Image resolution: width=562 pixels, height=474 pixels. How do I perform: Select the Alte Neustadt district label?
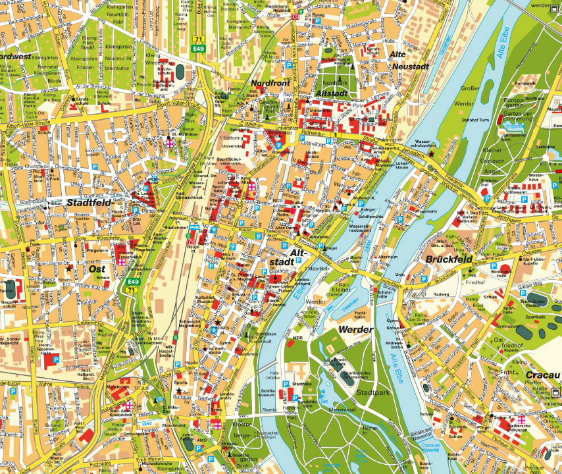409,60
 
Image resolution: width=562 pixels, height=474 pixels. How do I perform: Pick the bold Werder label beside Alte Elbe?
355,329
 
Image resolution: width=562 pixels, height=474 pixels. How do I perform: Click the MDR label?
298,338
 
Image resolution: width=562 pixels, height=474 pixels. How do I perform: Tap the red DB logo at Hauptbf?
192,242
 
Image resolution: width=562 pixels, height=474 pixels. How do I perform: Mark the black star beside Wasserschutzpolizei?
431,153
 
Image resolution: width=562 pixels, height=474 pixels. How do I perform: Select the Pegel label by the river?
331,248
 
